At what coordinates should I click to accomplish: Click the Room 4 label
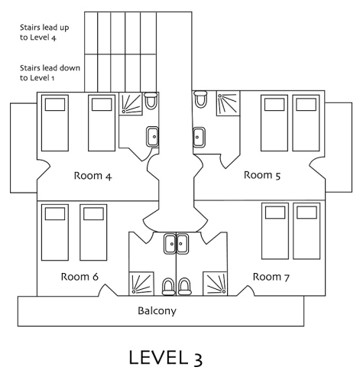[x=92, y=176]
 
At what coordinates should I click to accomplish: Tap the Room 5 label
[x=262, y=175]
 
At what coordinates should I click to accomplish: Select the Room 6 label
[x=79, y=277]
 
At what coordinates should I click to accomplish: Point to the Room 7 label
[x=271, y=277]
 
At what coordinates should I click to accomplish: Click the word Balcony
[x=157, y=311]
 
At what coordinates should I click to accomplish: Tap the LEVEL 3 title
[x=166, y=358]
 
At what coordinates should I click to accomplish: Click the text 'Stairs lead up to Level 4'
[x=44, y=32]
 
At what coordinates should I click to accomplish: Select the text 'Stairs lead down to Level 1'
[x=50, y=73]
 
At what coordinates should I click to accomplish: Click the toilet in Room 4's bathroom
[x=151, y=101]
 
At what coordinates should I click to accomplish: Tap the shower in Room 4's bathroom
[x=131, y=104]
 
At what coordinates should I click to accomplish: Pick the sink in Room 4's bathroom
[x=152, y=137]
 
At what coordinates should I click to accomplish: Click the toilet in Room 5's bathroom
[x=200, y=99]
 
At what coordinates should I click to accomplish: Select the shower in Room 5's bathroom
[x=228, y=103]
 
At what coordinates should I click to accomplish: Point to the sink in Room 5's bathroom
[x=199, y=138]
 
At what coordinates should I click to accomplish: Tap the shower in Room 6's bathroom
[x=141, y=284]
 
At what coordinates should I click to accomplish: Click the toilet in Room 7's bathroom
[x=184, y=287]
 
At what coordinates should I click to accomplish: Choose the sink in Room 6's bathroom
[x=170, y=244]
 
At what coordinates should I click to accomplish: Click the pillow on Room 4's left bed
[x=55, y=105]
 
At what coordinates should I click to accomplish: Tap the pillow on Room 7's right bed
[x=306, y=213]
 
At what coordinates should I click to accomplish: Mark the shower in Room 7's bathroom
[x=215, y=284]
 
